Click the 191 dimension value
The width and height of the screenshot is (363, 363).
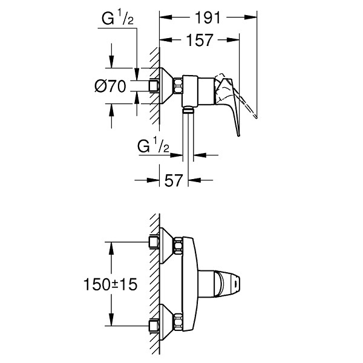pyautogui.click(x=208, y=18)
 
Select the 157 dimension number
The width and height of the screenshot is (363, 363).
pyautogui.click(x=200, y=41)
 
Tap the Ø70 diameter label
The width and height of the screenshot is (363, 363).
pyautogui.click(x=111, y=86)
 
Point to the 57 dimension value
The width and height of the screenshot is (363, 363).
pyautogui.click(x=174, y=180)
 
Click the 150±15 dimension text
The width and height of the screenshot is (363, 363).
pyautogui.click(x=110, y=284)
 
